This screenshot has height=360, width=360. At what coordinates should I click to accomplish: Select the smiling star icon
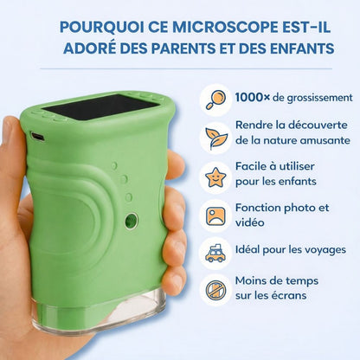coord(215,177)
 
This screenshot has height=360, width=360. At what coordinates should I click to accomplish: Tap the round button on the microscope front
coord(131,222)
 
